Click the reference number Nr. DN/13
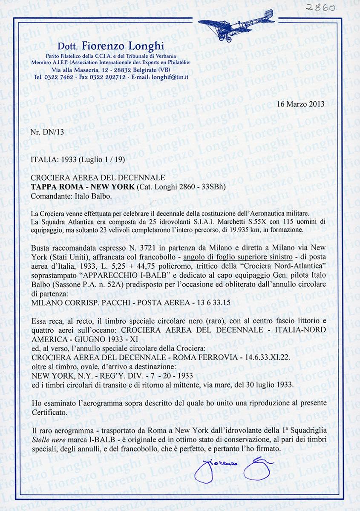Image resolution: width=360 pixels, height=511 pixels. tap(47, 132)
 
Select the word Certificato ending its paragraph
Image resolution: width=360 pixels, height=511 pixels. tap(49, 413)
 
